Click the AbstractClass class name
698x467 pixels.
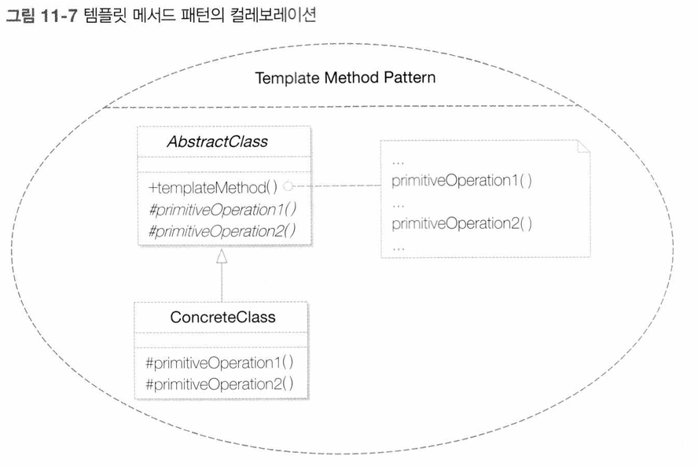coord(217,142)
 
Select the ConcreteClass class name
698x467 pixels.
coord(222,317)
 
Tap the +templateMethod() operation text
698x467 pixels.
coord(213,187)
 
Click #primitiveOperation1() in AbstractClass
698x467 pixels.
coord(222,209)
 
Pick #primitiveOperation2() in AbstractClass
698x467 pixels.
coord(222,231)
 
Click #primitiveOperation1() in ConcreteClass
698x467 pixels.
coord(219,362)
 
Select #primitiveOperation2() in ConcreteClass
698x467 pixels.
coord(219,384)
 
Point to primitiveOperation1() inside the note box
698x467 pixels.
coord(461,181)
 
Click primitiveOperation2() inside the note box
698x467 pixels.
coord(461,223)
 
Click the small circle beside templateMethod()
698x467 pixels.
coord(288,186)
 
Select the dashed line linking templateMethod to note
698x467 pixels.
coord(337,186)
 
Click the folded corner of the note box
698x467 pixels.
coord(583,146)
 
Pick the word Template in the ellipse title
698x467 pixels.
coord(287,78)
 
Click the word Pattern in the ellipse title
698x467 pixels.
coord(410,77)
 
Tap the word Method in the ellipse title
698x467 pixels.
coord(351,78)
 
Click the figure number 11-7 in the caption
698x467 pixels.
coord(59,16)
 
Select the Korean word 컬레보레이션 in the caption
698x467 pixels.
coord(274,15)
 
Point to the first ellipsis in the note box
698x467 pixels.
coord(398,164)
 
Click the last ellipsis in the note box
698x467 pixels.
coord(399,249)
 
